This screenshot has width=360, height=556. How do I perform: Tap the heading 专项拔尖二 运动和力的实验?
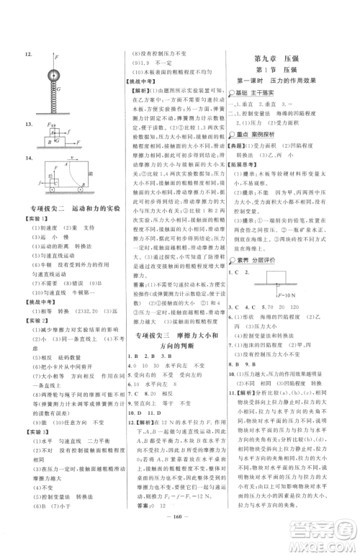pyautogui.click(x=66, y=229)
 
